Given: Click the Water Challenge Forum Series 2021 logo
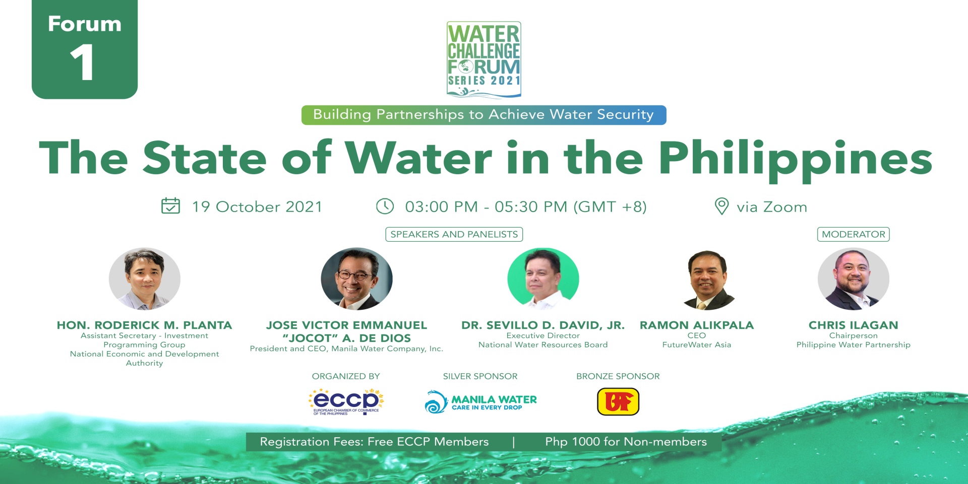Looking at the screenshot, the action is click(484, 59).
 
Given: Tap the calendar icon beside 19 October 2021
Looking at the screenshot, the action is click(170, 206).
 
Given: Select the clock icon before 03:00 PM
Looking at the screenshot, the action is click(385, 206).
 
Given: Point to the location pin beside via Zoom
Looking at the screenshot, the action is click(722, 206).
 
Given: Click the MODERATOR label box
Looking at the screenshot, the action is click(854, 234).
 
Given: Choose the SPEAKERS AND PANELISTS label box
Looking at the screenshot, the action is click(454, 234).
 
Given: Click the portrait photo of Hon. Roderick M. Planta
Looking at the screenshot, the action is click(145, 279).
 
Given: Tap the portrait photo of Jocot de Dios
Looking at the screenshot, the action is click(357, 279).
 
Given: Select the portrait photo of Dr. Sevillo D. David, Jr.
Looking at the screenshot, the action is click(543, 279).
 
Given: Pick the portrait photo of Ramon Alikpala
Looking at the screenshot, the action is click(708, 280).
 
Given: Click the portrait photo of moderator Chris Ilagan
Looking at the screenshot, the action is click(854, 279).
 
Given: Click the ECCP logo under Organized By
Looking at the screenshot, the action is click(346, 401).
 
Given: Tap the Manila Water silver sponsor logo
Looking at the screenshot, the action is click(481, 402).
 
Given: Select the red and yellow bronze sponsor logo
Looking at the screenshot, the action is click(618, 401).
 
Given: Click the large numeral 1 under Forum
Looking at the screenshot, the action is click(82, 62).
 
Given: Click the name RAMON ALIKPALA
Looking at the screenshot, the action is click(697, 325).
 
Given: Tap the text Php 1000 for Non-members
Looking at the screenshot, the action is click(626, 442).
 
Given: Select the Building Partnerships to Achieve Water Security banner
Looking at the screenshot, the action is click(484, 115).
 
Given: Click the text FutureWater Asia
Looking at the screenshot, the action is click(697, 345).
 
